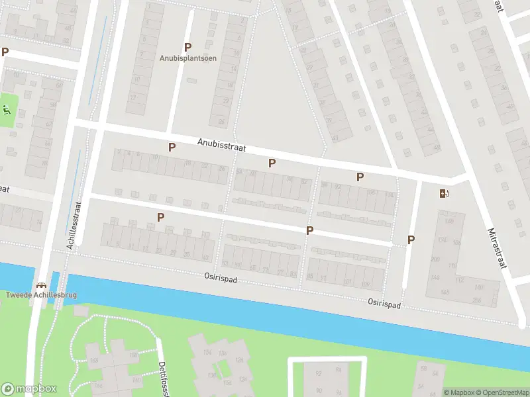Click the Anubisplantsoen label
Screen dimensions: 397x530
click(x=187, y=58)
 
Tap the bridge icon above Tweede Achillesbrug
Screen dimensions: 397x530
click(x=43, y=285)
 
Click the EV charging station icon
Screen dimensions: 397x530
click(x=444, y=193)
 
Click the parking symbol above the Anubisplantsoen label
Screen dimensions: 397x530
click(x=187, y=47)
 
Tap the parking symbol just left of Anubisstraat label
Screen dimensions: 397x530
click(x=172, y=147)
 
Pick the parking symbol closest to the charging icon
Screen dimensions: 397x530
click(x=411, y=240)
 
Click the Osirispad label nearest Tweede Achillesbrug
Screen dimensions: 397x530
click(x=219, y=279)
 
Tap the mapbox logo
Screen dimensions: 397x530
click(x=29, y=389)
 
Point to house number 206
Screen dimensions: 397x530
click(x=476, y=300)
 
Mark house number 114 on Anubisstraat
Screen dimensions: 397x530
click(x=389, y=196)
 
